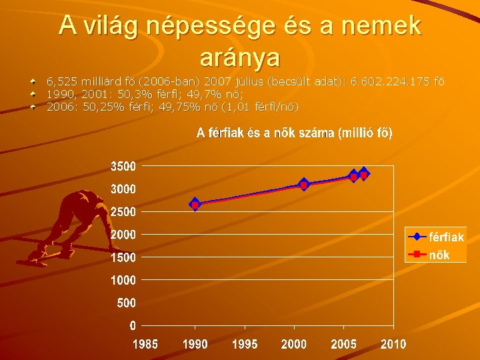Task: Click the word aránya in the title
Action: [239, 57]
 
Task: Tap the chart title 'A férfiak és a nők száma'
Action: [294, 133]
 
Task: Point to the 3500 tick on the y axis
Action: [123, 166]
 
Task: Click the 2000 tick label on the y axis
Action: [123, 235]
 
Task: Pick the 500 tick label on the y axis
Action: [127, 303]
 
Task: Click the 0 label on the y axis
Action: [133, 326]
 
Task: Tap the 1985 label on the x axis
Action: [145, 345]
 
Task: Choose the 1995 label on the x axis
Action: [245, 345]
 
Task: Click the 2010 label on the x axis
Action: [393, 345]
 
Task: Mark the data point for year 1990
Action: [195, 204]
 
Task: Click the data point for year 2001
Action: [304, 185]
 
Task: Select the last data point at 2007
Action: [363, 174]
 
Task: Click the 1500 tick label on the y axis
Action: [123, 257]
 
